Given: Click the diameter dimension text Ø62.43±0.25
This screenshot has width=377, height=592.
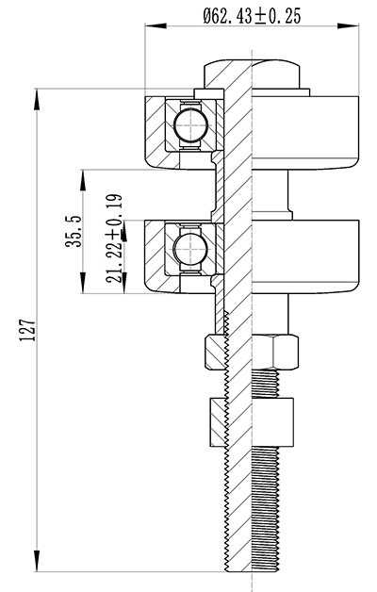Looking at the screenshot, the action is (x=252, y=16).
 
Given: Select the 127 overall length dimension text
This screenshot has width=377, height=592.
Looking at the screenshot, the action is (x=27, y=331).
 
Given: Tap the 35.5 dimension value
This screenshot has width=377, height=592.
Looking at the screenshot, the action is (x=74, y=231).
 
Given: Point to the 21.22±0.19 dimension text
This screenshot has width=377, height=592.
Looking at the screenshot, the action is (x=114, y=238).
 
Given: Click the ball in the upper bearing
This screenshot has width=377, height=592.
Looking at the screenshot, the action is (x=190, y=124).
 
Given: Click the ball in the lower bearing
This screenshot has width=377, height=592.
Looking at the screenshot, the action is (x=190, y=249).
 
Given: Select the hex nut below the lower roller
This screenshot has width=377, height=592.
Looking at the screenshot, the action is (x=252, y=351).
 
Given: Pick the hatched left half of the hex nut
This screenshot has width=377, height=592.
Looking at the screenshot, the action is (x=216, y=351).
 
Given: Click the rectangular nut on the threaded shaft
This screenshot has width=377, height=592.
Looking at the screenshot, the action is (x=252, y=420).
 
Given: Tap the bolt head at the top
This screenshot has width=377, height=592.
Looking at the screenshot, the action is (x=252, y=74).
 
